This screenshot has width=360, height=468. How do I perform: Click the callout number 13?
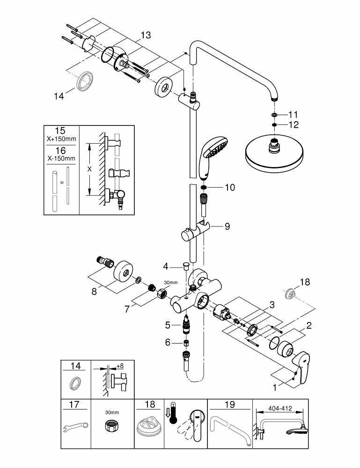coord(146,35)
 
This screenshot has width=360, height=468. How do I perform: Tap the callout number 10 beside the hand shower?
coord(229,188)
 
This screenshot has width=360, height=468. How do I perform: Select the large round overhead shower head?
coord(272,156)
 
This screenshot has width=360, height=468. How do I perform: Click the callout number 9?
coord(227,227)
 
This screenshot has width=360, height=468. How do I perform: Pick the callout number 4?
coord(165,267)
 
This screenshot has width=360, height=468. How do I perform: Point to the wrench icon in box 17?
coord(75,426)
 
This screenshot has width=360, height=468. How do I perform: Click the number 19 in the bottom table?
coord(230,405)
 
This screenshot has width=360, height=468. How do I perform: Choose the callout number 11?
coord(293,114)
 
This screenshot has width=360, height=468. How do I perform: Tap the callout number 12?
coord(293,125)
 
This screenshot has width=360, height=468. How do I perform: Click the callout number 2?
coord(309,325)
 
